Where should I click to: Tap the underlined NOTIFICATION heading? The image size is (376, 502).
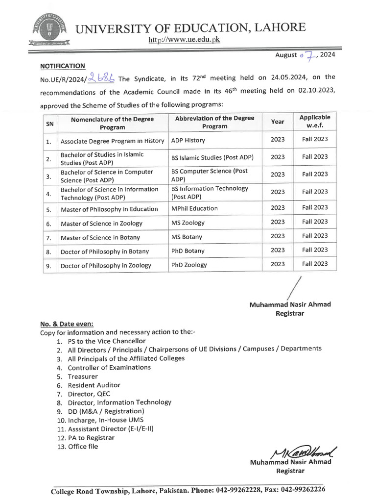(63, 66)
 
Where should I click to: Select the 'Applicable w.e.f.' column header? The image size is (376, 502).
(315, 122)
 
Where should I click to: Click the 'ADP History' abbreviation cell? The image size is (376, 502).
(188, 140)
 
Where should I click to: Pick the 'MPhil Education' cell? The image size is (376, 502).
(194, 208)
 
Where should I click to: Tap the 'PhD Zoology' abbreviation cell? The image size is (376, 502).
(189, 265)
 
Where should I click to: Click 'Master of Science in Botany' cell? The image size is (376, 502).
(100, 237)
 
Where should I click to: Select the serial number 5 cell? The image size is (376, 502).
(49, 209)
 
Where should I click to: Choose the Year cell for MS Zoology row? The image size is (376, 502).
(277, 222)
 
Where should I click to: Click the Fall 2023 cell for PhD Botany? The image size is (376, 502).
(315, 250)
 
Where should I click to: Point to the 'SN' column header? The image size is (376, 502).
(49, 124)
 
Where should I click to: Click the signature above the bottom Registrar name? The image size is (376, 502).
(303, 451)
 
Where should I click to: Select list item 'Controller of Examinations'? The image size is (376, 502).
(109, 367)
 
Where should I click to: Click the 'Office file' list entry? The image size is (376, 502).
(83, 446)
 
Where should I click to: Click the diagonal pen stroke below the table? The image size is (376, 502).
(294, 285)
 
